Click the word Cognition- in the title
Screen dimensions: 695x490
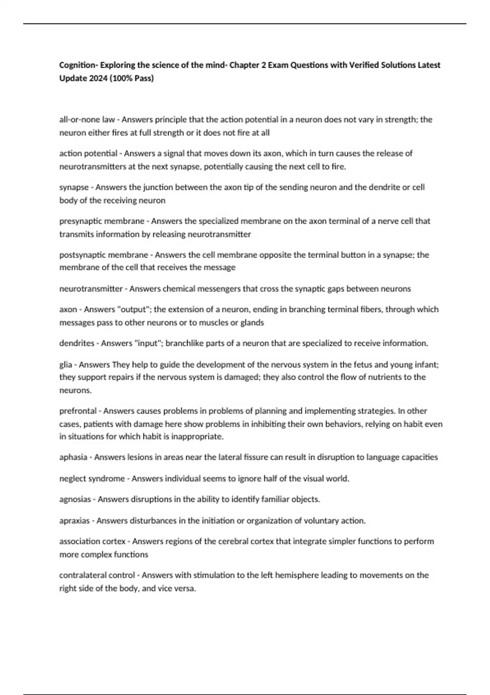coord(78,65)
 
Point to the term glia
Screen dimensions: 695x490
coord(66,364)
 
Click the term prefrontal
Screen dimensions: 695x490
coord(78,411)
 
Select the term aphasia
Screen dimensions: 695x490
coord(73,457)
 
